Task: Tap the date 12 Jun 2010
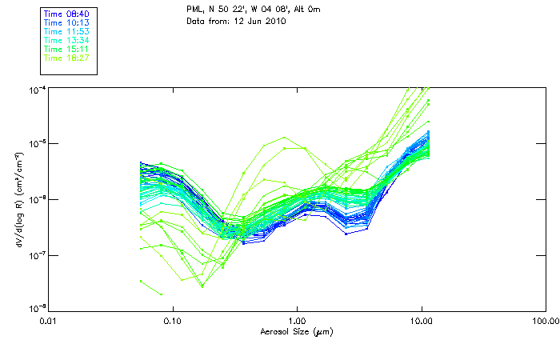[x=253, y=22]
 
